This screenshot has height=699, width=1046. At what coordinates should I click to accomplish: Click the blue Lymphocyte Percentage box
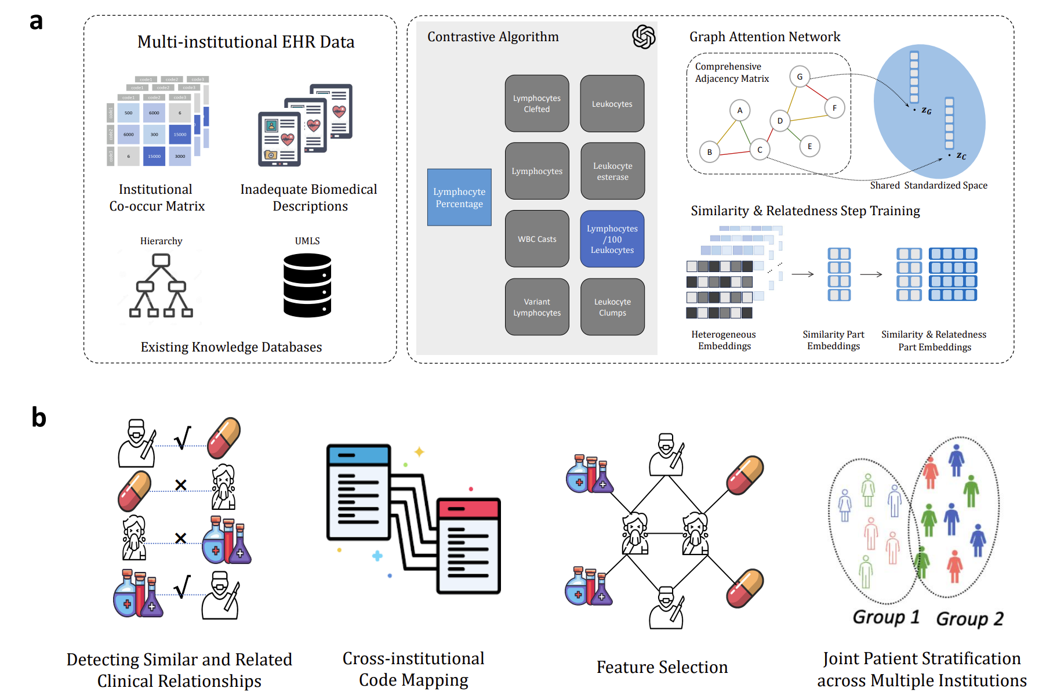[x=459, y=197]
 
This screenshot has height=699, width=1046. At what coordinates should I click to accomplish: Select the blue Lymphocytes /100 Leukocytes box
[x=612, y=239]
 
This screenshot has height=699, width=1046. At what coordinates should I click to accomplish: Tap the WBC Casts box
[x=536, y=239]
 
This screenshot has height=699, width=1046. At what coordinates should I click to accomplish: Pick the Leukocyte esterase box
[x=612, y=171]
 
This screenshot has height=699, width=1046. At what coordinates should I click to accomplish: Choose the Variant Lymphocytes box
[x=536, y=307]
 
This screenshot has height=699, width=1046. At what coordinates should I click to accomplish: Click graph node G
[x=800, y=77]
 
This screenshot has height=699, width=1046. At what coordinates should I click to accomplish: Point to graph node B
[x=709, y=152]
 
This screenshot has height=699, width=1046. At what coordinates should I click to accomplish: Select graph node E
[x=809, y=146]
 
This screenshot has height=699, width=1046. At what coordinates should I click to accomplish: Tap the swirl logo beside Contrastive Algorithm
[x=643, y=37]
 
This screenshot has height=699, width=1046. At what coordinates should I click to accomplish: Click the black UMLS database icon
[x=307, y=285]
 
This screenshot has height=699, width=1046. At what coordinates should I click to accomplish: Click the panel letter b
[x=38, y=417]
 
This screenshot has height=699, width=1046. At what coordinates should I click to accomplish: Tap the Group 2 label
[x=969, y=618]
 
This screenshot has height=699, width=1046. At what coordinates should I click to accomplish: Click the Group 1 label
[x=885, y=617]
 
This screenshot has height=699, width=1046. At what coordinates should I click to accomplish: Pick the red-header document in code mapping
[x=468, y=545]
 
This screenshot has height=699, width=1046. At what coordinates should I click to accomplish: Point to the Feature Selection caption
[x=662, y=667]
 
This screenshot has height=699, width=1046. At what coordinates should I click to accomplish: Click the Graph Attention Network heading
[x=764, y=37]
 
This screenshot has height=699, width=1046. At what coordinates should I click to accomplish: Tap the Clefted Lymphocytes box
[x=536, y=103]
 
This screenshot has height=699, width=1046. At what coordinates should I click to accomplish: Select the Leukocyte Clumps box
[x=612, y=307]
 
